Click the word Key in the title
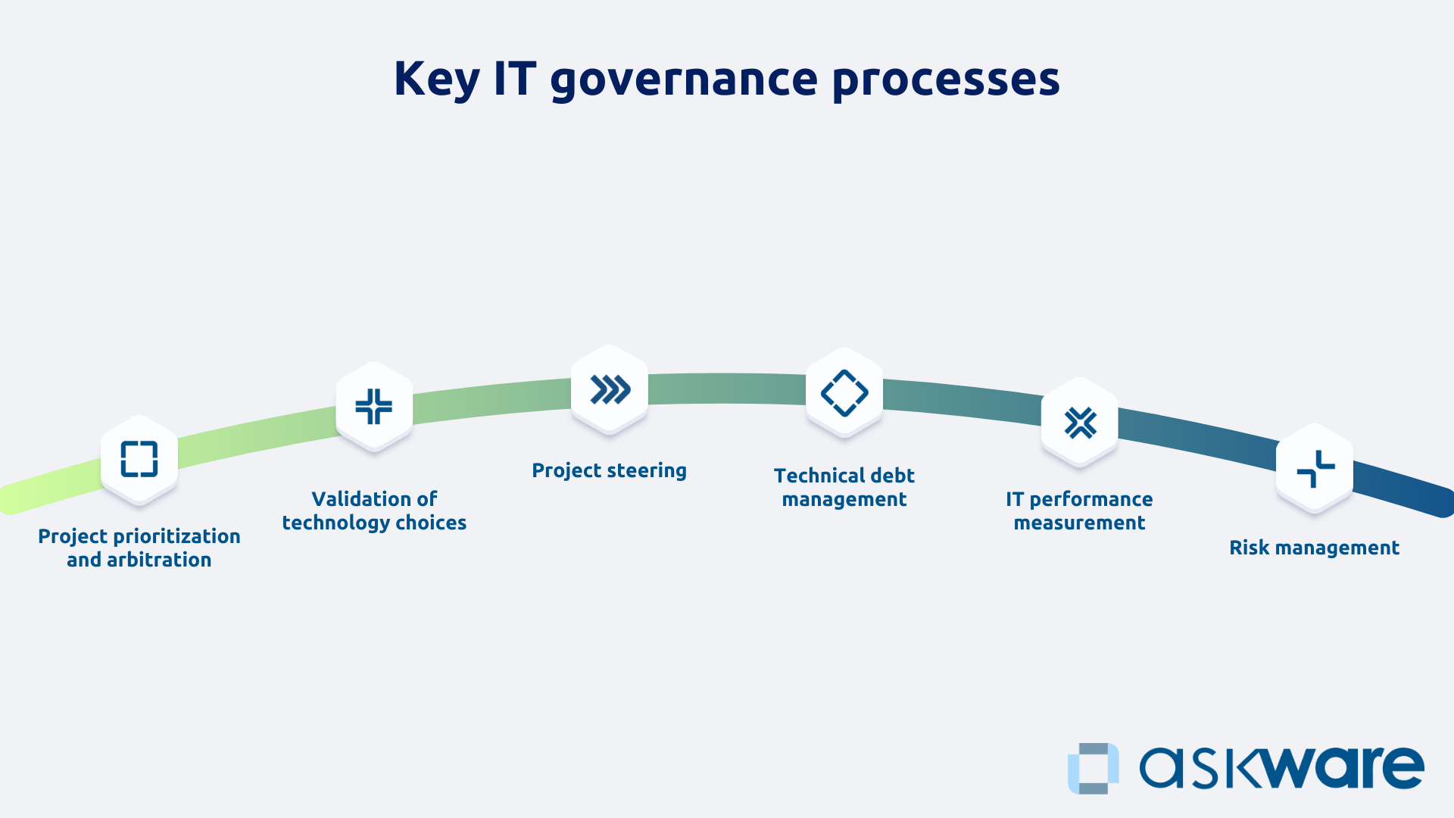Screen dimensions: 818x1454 [436, 79]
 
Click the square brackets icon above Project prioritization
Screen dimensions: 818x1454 [139, 459]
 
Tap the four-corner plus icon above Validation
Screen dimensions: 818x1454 [374, 406]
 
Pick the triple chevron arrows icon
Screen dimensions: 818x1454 [610, 390]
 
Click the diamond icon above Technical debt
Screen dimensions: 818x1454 [844, 393]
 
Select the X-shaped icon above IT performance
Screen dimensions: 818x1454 [1080, 423]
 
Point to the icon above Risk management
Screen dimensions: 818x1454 [1315, 469]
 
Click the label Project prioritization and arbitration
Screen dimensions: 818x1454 [139, 548]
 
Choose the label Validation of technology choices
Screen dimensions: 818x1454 [374, 510]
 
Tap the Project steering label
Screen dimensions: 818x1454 [609, 470]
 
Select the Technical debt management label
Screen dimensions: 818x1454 [844, 487]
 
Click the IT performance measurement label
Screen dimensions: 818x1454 [1079, 510]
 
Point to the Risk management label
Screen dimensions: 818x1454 [1314, 548]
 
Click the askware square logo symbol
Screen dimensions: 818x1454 [1093, 768]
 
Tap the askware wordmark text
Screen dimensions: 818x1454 [1281, 768]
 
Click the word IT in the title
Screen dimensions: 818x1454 [515, 79]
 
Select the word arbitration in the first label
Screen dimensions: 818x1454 [159, 560]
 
